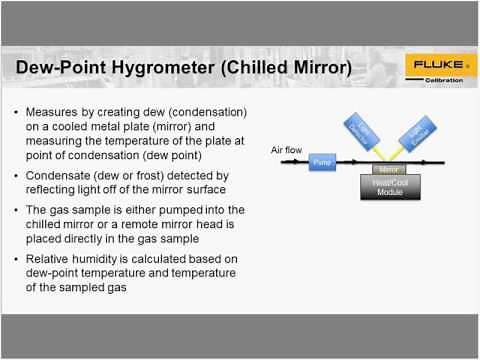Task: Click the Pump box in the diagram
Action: point(321,161)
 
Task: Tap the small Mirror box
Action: point(388,170)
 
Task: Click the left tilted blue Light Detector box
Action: point(358,133)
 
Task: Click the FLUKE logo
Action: point(438,66)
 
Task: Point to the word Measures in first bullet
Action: point(64,112)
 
